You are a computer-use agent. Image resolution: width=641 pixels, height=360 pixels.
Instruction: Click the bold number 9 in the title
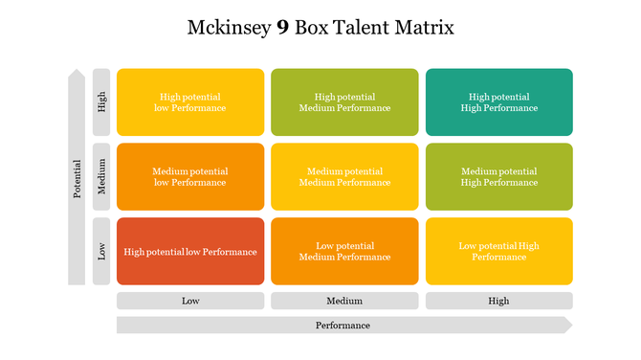[282, 28]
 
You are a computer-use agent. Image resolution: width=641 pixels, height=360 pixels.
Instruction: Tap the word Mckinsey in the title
[230, 28]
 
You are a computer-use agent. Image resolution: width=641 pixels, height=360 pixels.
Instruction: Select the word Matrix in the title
[424, 28]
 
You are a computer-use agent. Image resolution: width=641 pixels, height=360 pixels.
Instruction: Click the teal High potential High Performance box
[498, 102]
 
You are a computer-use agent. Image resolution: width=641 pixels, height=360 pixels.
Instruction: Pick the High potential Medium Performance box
[344, 102]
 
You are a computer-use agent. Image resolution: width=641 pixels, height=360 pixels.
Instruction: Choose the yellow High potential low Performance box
[190, 102]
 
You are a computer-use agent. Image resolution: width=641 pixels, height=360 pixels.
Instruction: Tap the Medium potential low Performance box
[190, 177]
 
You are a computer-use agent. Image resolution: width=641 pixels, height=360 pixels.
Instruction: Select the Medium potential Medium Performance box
[344, 177]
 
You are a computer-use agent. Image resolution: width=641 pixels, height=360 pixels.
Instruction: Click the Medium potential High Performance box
[498, 177]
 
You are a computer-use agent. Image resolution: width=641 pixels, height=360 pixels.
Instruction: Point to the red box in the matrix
[190, 252]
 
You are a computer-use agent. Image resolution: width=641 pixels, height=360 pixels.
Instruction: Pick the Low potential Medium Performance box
[344, 252]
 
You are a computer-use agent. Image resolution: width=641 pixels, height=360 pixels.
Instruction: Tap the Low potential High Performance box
[498, 252]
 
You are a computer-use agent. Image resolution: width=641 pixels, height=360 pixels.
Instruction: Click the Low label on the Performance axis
[190, 301]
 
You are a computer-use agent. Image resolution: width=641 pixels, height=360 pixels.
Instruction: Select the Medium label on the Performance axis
[344, 301]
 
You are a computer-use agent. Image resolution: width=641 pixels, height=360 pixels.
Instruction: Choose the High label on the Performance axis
[498, 301]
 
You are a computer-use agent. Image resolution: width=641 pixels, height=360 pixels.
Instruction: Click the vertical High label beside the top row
[101, 101]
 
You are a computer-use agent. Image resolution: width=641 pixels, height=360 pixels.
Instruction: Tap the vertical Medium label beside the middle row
[101, 177]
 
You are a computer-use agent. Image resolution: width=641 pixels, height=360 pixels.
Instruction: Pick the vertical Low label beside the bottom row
[101, 252]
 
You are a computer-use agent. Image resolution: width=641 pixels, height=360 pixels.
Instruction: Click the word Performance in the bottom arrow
[343, 326]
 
